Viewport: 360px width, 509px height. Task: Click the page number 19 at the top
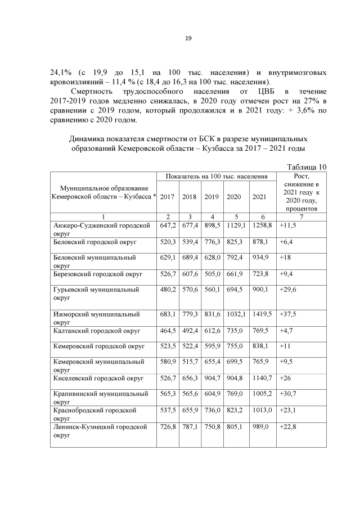[x=188, y=38]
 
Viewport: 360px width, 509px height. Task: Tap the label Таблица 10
[x=307, y=166]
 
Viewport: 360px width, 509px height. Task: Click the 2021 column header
[x=259, y=196]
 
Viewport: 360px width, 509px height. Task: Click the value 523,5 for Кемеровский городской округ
[x=168, y=346]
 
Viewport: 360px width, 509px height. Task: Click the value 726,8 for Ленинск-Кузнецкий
[x=168, y=427]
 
